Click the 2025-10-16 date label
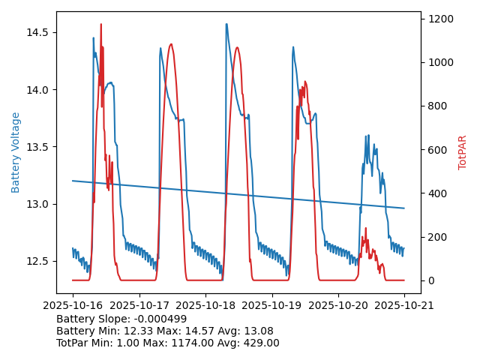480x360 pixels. point(73,305)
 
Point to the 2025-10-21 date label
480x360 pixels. point(404,305)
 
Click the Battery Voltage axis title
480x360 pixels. point(16,152)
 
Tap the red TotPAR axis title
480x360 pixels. point(462,152)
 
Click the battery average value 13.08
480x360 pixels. point(258,331)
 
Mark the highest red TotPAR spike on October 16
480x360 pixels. point(100,25)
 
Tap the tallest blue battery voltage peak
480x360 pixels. point(226,24)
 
